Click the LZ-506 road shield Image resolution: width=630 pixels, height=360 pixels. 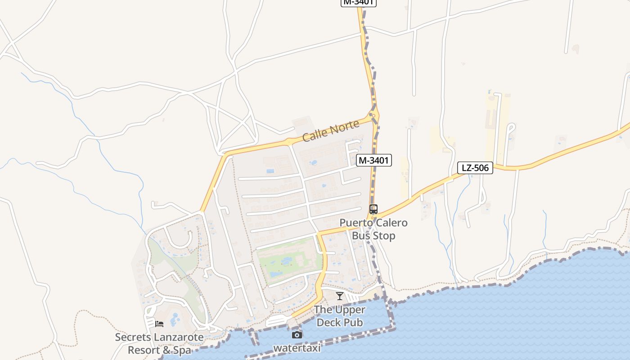coord(475,168)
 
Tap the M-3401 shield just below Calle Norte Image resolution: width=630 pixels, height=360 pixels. coord(373,160)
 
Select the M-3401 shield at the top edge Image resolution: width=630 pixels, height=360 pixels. coord(358,2)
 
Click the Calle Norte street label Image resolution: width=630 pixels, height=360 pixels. coord(331,130)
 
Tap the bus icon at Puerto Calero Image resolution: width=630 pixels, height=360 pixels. coord(373,209)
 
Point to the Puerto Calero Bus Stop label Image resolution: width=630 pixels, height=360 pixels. coord(373,229)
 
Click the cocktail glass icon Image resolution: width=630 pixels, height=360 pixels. coord(340,296)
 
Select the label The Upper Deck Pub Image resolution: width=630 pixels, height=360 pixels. coord(340,316)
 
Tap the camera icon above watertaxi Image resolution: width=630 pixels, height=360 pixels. coord(297,335)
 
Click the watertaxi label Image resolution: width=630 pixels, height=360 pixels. coord(297,348)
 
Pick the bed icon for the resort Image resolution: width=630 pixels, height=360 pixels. coord(159,324)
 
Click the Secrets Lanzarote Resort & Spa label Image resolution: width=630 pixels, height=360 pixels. coord(159,343)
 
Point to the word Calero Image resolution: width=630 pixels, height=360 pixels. coord(391,223)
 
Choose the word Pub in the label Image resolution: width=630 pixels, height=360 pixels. coord(353,322)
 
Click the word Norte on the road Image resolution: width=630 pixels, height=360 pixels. coord(346,126)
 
